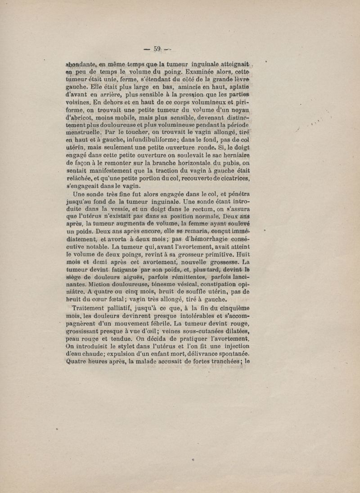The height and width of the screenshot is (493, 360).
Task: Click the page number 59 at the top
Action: coord(157,49)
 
